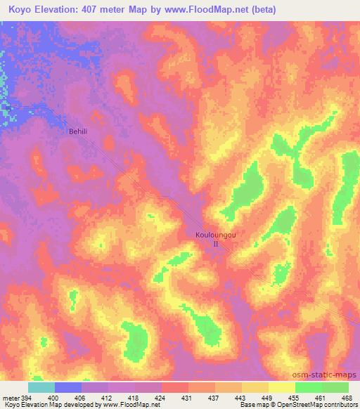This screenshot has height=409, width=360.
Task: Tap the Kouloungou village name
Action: pyautogui.click(x=216, y=236)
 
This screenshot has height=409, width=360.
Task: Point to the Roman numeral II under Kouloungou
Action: pyautogui.click(x=217, y=245)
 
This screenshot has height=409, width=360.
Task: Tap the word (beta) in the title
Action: pyautogui.click(x=260, y=10)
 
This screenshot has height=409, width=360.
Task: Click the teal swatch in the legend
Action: pyautogui.click(x=41, y=387)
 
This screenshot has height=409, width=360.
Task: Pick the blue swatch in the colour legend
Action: pyautogui.click(x=68, y=387)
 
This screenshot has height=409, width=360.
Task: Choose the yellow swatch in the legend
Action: pyautogui.click(x=282, y=387)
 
